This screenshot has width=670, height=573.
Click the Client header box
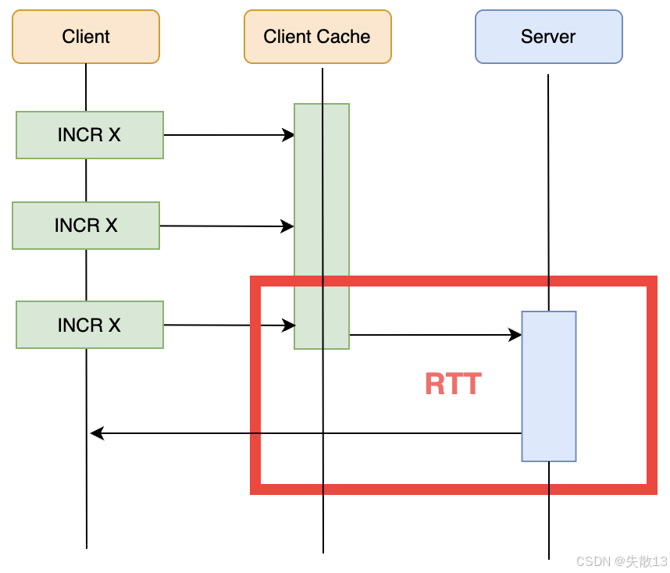click(x=86, y=37)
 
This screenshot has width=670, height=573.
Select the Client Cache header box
click(x=318, y=37)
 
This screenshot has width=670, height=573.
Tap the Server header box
click(x=549, y=37)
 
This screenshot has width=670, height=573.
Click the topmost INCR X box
click(x=90, y=135)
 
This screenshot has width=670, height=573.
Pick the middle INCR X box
click(x=86, y=226)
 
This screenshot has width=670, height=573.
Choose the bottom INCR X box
click(x=90, y=325)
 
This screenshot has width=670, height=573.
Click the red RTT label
click(x=454, y=384)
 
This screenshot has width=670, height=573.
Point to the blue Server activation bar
click(x=549, y=386)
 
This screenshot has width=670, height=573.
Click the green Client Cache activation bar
click(x=322, y=226)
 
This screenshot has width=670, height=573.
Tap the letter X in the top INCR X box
click(x=115, y=135)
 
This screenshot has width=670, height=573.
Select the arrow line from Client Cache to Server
click(x=436, y=335)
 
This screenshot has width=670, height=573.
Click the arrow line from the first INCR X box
click(x=229, y=135)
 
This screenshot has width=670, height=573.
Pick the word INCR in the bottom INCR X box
click(x=80, y=325)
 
